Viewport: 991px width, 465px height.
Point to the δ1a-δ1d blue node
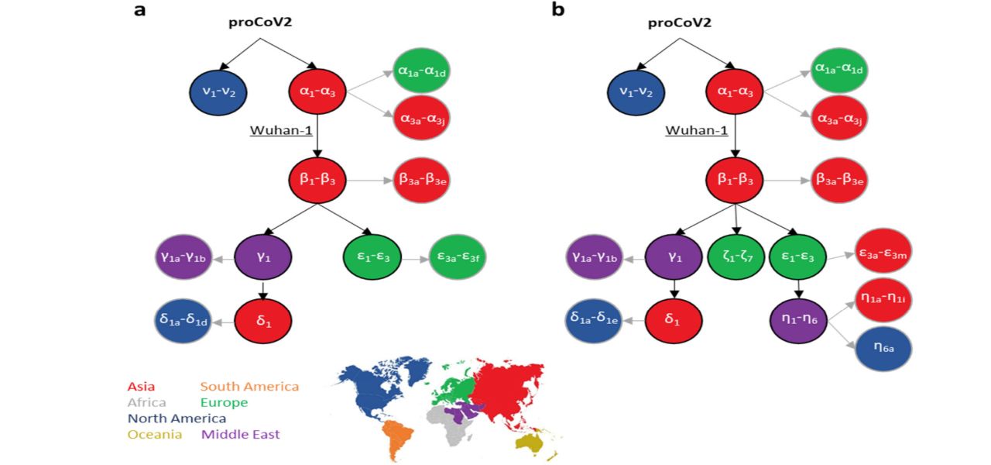(182, 320)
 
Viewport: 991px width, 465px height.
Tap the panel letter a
(139, 11)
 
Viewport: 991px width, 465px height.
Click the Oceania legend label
(155, 435)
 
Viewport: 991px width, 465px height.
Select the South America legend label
(249, 386)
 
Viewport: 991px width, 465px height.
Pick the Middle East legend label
(241, 435)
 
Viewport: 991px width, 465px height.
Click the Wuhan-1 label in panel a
(279, 130)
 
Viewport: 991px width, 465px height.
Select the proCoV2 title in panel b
(679, 23)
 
